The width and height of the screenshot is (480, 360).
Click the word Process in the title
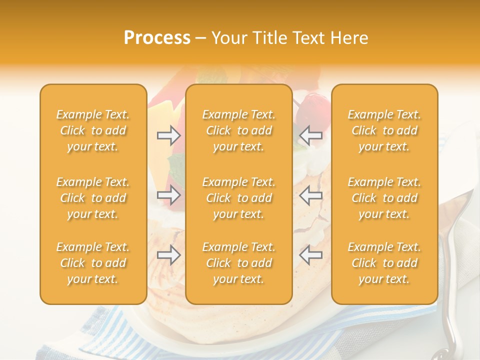point(157,38)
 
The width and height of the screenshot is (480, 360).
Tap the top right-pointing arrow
point(169,135)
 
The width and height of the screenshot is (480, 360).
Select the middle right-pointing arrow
point(169,195)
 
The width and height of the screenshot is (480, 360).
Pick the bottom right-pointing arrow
point(169,255)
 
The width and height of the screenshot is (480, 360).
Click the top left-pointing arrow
point(310,135)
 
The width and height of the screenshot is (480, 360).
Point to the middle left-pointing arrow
point(310,195)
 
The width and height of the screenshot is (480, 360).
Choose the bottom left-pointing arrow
point(310,255)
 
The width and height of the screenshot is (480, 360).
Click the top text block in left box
point(93,130)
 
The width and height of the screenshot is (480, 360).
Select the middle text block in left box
point(93,198)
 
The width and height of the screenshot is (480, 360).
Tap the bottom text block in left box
point(93,263)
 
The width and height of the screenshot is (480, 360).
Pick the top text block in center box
point(239,130)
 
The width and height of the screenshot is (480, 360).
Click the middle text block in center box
point(239,198)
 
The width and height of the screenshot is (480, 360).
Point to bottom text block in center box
point(239,263)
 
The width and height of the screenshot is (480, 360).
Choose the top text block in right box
point(384,130)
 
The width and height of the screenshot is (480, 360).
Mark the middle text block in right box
point(384,198)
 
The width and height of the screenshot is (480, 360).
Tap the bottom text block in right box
point(384,263)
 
